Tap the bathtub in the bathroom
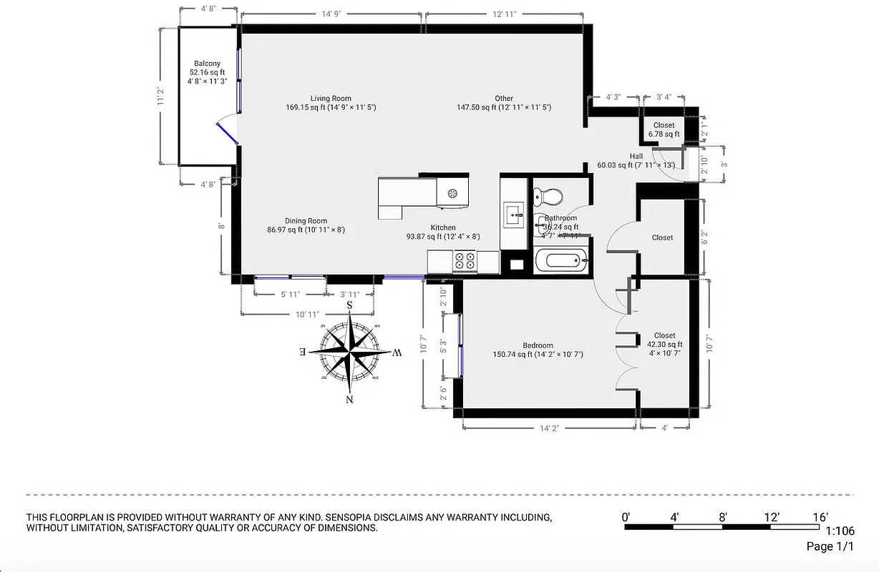561,260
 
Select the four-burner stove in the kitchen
465,261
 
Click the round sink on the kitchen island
452,192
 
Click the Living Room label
331,99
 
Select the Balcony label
207,64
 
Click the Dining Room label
306,221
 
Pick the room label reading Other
504,99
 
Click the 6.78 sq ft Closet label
664,126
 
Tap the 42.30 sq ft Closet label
664,335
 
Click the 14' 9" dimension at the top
330,14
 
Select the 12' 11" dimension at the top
504,14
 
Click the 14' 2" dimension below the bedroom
549,429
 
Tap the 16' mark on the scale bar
820,517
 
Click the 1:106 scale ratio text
840,531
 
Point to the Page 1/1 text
830,547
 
